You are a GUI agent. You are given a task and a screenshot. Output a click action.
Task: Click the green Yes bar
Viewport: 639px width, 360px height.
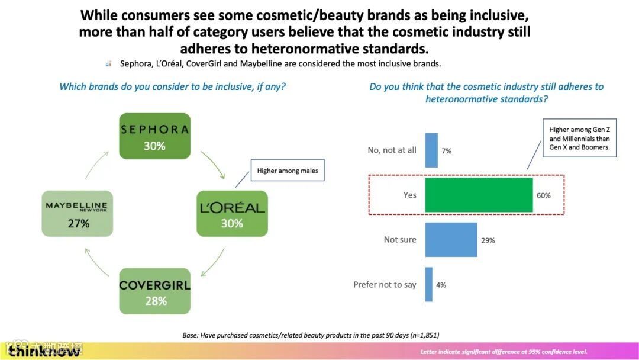tap(479, 195)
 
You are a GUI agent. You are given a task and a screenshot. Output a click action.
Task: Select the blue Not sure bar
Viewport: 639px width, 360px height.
tap(451, 240)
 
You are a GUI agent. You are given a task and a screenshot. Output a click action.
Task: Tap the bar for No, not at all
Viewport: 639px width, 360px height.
tap(431, 150)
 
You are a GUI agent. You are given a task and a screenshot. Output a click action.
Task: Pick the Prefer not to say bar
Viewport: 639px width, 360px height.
tap(429, 284)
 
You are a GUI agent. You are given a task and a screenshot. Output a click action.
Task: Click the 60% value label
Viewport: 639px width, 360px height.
tap(544, 195)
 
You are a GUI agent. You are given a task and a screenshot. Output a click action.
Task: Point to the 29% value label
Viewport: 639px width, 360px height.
tap(488, 240)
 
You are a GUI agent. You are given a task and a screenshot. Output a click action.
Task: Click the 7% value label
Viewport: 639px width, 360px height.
tap(446, 151)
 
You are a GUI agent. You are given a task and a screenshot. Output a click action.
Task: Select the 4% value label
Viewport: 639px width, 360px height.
tap(441, 285)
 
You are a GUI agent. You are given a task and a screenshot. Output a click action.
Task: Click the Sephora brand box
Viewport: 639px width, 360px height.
tap(154, 136)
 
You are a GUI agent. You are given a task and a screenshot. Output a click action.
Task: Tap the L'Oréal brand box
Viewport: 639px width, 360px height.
tap(232, 214)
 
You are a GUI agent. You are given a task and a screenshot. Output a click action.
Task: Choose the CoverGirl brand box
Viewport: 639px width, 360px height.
tap(155, 291)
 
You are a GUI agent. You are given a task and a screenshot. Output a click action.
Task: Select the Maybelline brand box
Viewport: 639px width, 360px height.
tap(78, 214)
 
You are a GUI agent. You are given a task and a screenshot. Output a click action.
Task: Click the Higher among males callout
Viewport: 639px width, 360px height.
tap(288, 171)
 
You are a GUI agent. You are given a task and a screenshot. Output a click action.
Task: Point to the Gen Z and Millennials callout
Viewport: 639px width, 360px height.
tap(579, 138)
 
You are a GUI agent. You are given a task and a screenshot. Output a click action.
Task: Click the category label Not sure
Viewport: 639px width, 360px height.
tap(400, 240)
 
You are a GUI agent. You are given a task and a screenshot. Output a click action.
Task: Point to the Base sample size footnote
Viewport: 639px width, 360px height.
tap(311, 335)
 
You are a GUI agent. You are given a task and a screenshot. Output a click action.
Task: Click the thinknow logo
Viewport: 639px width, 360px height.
tap(44, 352)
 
